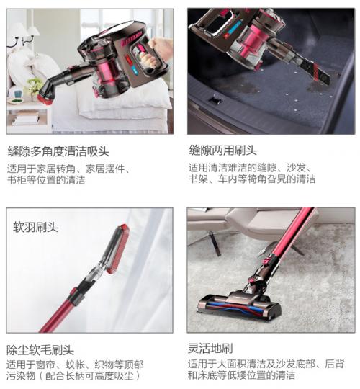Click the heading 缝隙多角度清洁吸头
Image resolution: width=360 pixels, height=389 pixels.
click(58, 152)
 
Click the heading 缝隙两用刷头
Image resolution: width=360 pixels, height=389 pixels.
click(222, 152)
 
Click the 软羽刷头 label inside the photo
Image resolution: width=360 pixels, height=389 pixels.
click(36, 227)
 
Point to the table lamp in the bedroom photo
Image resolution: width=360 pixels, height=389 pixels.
click(21, 36)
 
